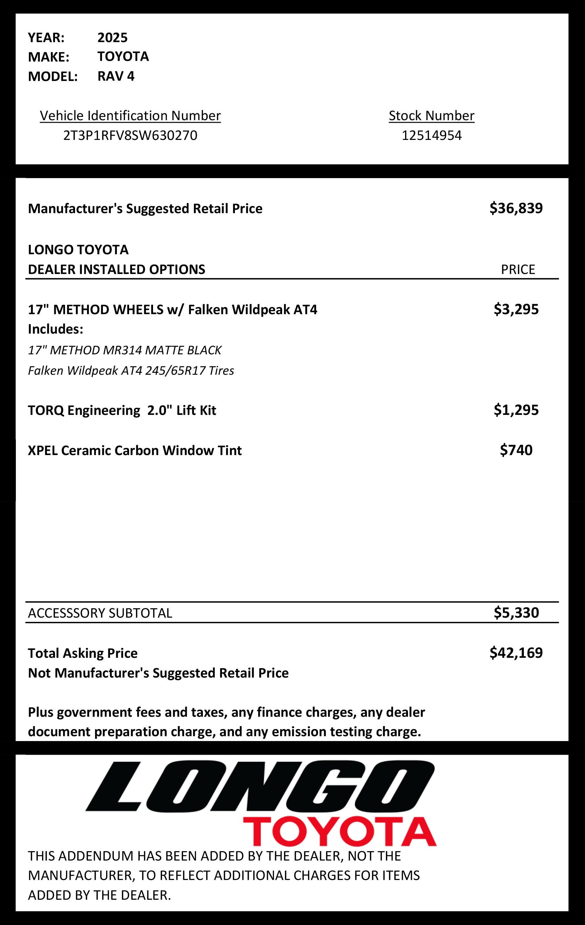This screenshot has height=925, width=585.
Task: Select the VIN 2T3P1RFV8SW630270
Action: pos(130,135)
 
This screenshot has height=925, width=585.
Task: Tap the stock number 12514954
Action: pos(431,135)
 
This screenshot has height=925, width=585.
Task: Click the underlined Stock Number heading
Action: pos(431,116)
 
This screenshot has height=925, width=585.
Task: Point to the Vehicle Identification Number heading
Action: pos(130,116)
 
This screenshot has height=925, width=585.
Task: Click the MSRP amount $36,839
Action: pos(516,208)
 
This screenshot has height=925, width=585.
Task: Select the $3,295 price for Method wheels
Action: pos(516,309)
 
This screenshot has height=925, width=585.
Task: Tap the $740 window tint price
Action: pos(516,450)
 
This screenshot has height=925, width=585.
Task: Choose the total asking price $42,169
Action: pos(516,653)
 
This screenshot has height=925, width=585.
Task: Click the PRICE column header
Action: pos(517,269)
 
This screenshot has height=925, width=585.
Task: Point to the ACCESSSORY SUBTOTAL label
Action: pos(100,613)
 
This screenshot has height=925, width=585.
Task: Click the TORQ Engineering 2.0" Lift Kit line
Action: pos(122,410)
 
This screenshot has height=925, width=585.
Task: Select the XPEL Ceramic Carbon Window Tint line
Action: pos(135,450)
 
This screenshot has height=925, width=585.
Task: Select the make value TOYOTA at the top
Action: pos(123,56)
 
